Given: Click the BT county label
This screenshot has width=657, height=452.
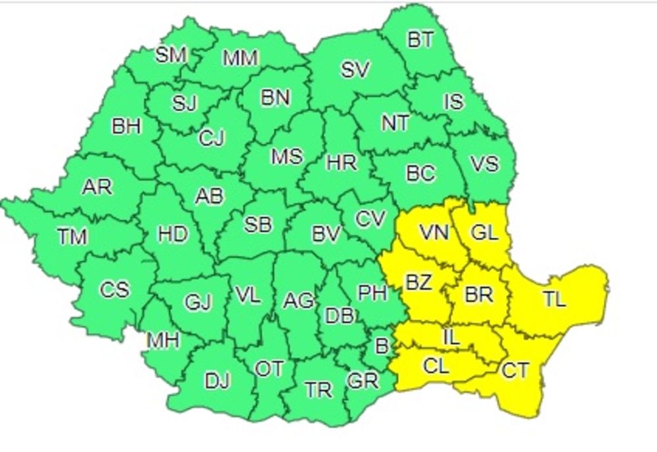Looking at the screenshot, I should (x=420, y=39).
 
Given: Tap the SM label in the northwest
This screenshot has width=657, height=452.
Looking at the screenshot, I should (x=171, y=55).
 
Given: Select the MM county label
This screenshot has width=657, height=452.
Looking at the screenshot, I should (x=240, y=58).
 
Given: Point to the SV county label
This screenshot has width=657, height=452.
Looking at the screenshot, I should (x=355, y=69).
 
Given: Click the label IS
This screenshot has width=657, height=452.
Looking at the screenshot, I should (x=453, y=102).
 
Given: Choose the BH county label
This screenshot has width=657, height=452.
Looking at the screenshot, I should (x=125, y=125).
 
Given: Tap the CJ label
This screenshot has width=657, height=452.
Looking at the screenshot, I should (x=212, y=138).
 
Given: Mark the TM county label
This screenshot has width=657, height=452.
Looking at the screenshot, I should (x=72, y=236).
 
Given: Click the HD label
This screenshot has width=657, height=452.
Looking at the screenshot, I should (x=172, y=234).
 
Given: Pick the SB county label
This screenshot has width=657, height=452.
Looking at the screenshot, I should (x=258, y=225).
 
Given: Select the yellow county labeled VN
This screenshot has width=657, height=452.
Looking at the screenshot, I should (x=434, y=232).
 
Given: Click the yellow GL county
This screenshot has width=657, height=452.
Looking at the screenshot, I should (x=485, y=232).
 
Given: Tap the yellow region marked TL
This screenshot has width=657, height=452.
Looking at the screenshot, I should (x=554, y=299).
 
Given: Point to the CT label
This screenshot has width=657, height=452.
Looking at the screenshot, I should (x=514, y=371).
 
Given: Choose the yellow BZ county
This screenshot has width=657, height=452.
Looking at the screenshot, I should (x=419, y=282).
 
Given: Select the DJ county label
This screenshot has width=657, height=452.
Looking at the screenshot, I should (x=218, y=380).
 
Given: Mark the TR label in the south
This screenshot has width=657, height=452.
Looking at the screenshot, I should (x=319, y=390).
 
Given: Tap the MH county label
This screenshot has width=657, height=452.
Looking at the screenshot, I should (x=163, y=340).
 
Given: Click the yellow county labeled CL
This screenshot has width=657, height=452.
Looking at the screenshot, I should (x=436, y=366).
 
